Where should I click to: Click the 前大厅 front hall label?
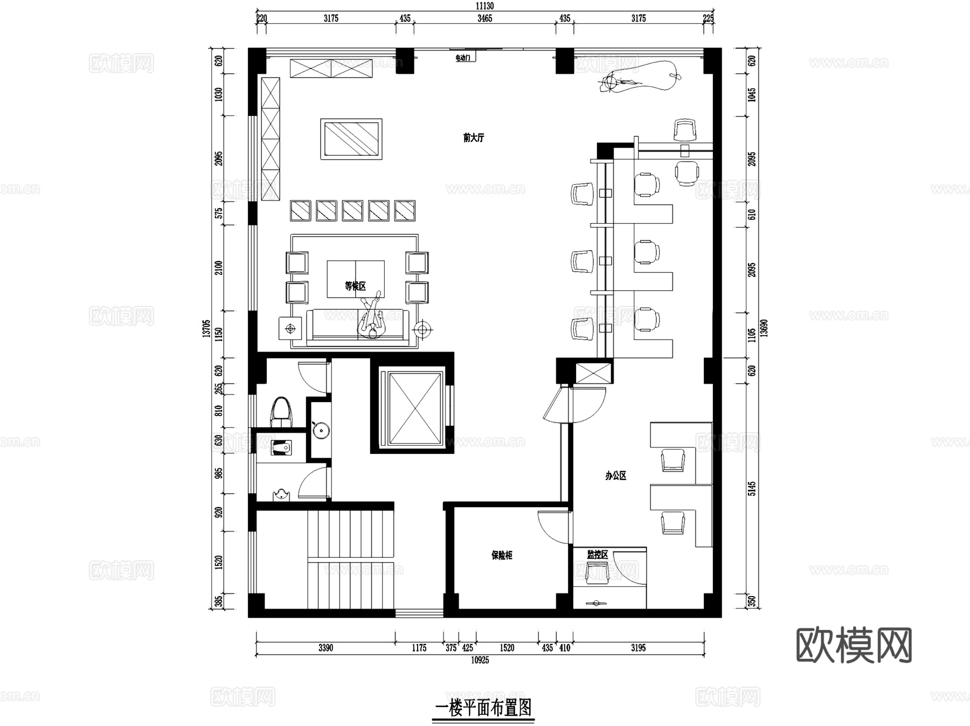click(x=474, y=138)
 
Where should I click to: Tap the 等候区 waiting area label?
click(x=355, y=286)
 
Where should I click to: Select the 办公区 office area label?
click(x=615, y=476)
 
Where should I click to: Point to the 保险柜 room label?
click(x=501, y=555)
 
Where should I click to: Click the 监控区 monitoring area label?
click(x=597, y=555)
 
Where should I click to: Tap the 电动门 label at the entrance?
click(x=463, y=58)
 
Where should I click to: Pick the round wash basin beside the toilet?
click(x=320, y=430)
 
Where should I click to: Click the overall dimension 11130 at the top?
click(x=484, y=6)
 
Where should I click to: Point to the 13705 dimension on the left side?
click(x=206, y=329)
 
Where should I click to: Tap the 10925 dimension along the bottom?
click(x=480, y=660)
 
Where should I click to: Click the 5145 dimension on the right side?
click(x=752, y=488)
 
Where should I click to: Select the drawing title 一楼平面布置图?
click(x=483, y=707)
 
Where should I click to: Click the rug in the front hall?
click(x=351, y=139)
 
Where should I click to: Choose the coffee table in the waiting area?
click(x=355, y=279)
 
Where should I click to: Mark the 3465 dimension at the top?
click(x=484, y=18)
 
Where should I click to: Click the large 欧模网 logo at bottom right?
click(x=854, y=645)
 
